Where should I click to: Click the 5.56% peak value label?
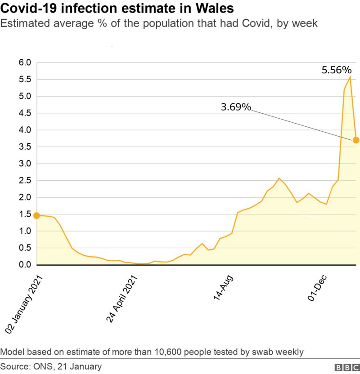[336, 70]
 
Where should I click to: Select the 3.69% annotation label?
[236, 107]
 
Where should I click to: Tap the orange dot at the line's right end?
[355, 140]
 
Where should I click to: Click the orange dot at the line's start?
[36, 216]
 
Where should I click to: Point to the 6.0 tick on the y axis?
[25, 62]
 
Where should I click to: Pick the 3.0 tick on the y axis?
[25, 164]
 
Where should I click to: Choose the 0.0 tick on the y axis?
[25, 265]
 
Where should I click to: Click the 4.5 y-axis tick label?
[25, 113]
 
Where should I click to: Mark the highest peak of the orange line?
[350, 77]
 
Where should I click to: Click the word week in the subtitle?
[305, 23]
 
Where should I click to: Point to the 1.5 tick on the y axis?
[25, 214]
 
